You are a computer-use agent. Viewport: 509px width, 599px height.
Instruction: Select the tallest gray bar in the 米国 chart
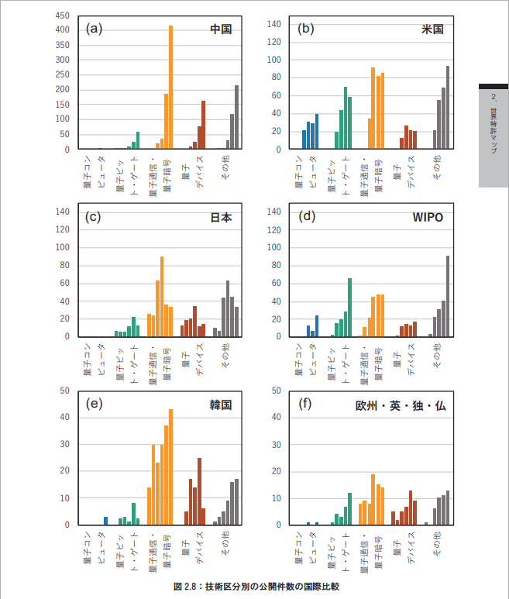pos(448,108)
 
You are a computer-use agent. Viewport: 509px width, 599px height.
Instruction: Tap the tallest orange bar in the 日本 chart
pos(162,296)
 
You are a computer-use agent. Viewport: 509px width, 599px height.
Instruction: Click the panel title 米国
pos(432,29)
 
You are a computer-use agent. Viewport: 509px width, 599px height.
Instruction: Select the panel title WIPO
pos(428,217)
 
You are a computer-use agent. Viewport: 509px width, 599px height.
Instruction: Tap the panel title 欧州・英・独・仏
pos(401,405)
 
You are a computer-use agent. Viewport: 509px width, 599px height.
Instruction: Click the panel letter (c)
pos(93,217)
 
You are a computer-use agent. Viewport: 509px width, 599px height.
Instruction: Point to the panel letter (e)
pos(93,404)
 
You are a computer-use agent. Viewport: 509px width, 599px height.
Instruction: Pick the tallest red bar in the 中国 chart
pos(203,125)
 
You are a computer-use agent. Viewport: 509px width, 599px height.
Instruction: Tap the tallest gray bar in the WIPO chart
pos(448,296)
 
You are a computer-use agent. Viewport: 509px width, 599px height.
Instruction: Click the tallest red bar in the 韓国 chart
pos(199,491)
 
